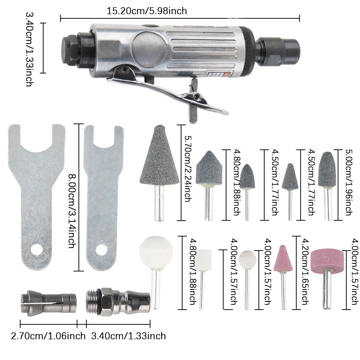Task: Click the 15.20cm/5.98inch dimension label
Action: [147, 11]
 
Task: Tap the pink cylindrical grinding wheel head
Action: [327, 261]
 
